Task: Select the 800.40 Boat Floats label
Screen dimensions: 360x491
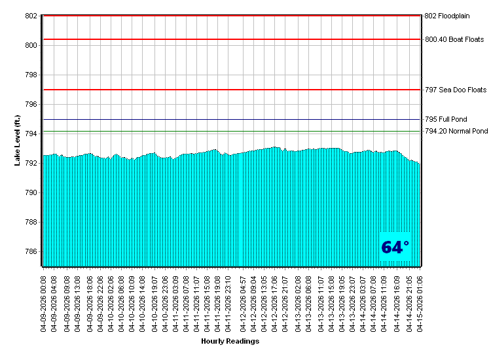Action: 454,39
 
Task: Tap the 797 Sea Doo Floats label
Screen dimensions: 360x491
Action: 456,90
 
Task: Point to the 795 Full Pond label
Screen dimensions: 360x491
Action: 446,120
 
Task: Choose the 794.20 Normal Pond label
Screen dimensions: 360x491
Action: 456,131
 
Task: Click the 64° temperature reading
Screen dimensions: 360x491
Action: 395,247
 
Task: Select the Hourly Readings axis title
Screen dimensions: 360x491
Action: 230,341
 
